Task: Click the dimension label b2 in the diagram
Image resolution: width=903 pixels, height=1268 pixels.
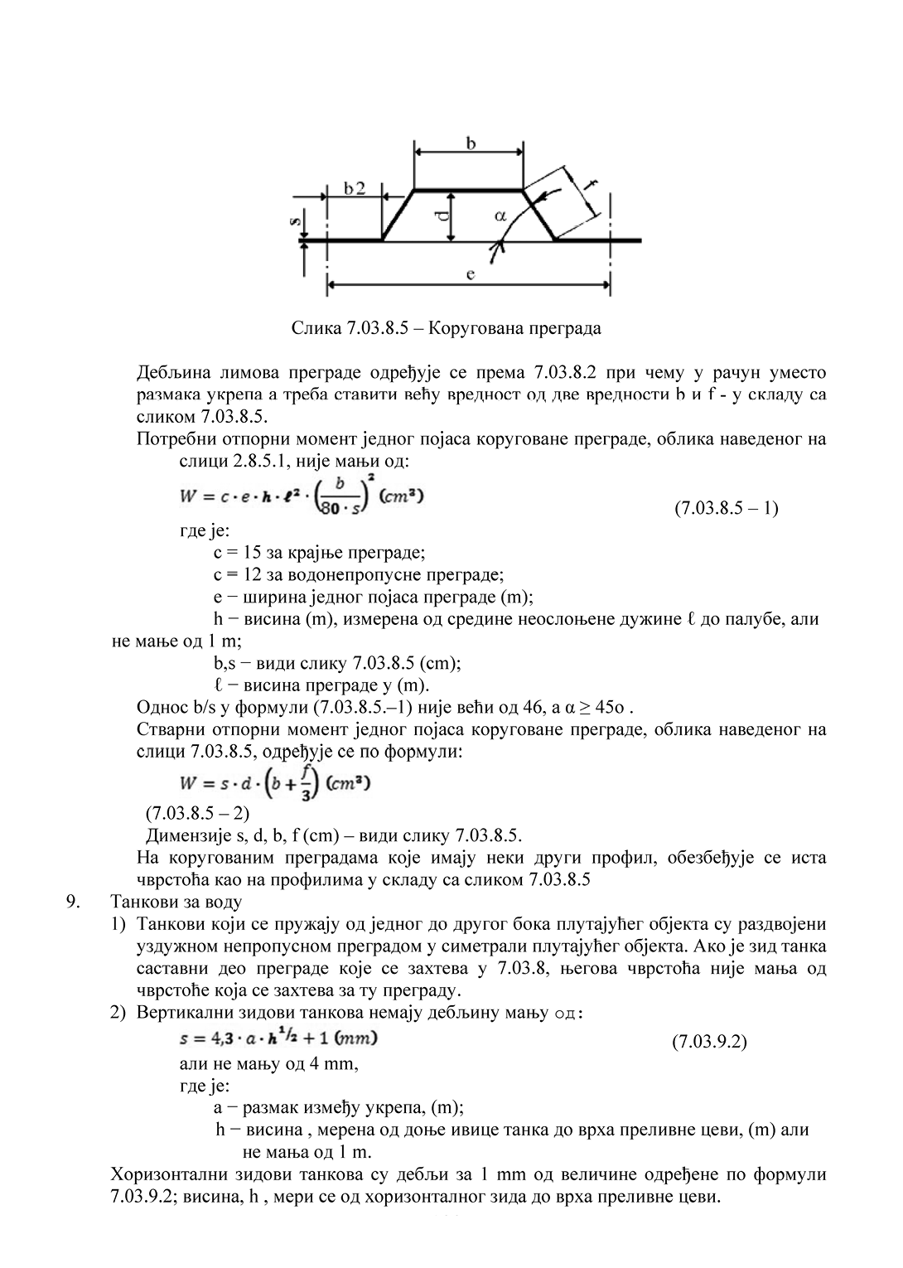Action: [x=354, y=188]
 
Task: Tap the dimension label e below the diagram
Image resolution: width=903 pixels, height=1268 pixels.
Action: [x=470, y=274]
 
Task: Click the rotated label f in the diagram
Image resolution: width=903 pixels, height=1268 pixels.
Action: [x=589, y=184]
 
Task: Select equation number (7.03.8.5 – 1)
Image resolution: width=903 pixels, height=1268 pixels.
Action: [x=726, y=507]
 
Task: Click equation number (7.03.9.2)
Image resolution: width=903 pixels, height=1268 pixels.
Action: [x=709, y=1042]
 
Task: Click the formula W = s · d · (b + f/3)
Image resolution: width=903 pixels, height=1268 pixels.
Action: [x=274, y=782]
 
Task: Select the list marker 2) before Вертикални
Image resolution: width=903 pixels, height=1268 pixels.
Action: [x=118, y=1014]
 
